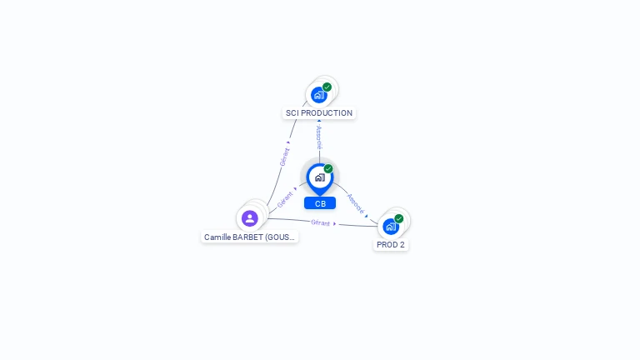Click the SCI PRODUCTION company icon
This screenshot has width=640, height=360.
(319, 95)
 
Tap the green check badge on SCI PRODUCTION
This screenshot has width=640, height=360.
(327, 87)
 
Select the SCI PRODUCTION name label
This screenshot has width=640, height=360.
(319, 113)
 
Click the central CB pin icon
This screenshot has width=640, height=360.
(320, 179)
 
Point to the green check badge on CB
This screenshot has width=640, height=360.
(328, 168)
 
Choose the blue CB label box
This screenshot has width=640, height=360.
(320, 203)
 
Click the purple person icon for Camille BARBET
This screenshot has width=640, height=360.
(250, 218)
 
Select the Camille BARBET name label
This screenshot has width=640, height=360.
(249, 237)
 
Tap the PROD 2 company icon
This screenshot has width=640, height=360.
(391, 227)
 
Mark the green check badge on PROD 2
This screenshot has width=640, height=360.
(399, 218)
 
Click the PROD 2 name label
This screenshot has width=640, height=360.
(391, 245)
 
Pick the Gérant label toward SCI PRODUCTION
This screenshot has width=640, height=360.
(284, 157)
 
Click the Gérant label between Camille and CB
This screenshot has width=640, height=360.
(284, 199)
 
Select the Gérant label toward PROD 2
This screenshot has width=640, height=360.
(320, 222)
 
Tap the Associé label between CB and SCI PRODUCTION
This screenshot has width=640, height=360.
(319, 137)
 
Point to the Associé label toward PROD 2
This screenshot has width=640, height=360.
(355, 203)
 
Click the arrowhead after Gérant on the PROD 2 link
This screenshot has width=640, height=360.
(335, 223)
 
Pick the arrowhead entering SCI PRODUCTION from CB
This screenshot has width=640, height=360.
(319, 121)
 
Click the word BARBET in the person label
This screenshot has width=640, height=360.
(247, 237)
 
